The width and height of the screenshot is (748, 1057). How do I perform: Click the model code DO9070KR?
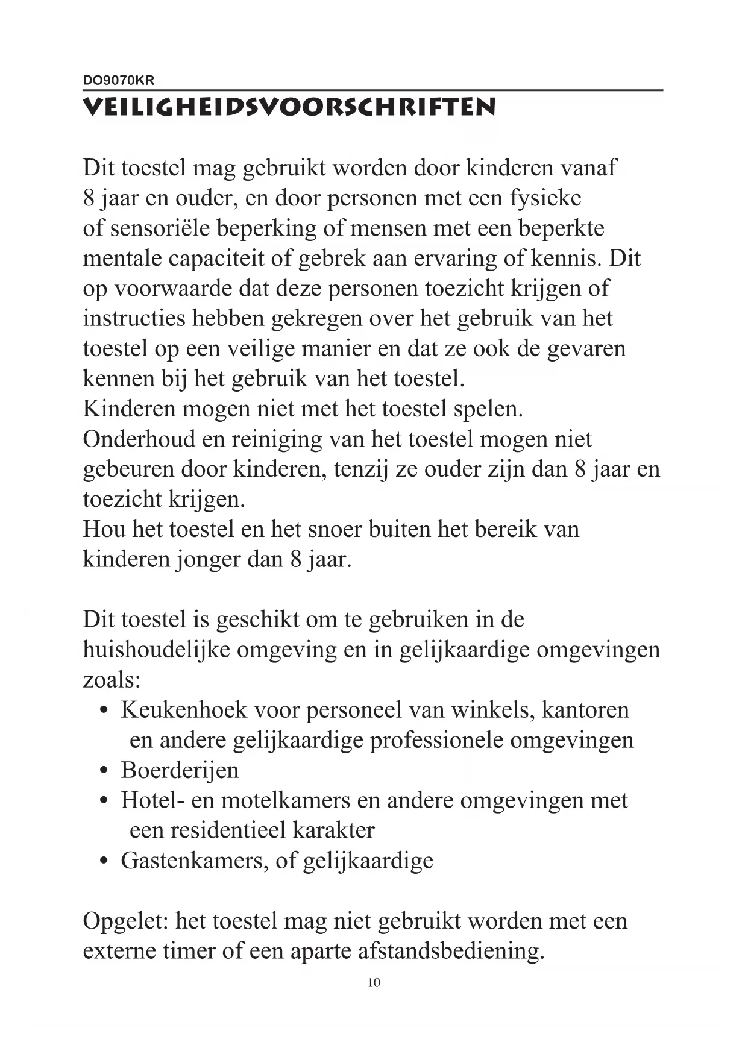coord(118,80)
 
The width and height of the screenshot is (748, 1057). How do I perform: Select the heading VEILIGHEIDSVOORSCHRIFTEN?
coord(289,107)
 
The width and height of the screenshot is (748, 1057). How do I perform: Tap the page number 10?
coord(374,983)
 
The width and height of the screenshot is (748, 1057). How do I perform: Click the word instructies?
coord(134,319)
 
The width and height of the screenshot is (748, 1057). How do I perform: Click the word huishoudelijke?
coord(156,650)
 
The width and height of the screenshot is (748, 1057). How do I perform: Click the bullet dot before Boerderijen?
coord(104,771)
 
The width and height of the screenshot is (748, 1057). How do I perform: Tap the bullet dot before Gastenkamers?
coord(104,862)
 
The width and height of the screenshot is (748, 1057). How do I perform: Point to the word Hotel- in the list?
coord(152,801)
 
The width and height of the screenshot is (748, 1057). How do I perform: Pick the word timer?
coord(189,952)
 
